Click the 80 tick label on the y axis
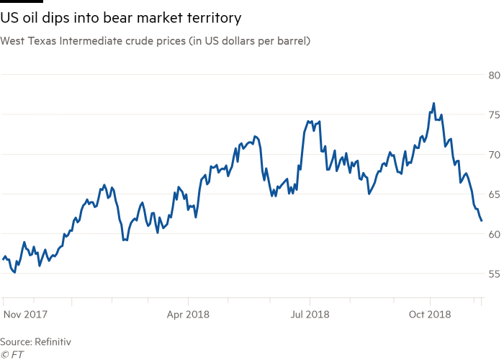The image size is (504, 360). click(494, 75)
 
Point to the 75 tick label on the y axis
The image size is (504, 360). click(494, 114)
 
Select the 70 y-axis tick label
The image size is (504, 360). click(494, 154)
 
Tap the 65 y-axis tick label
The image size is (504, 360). click(494, 194)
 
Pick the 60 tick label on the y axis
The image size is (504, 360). click(494, 234)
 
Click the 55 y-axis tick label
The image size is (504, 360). click(494, 274)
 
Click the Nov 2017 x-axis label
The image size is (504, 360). click(27, 314)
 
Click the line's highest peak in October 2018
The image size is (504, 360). click(433, 104)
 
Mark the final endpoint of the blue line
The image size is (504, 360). click(482, 221)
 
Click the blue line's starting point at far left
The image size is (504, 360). click(2, 258)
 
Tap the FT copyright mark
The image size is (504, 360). click(9, 354)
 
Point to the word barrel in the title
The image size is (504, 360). click(292, 41)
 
